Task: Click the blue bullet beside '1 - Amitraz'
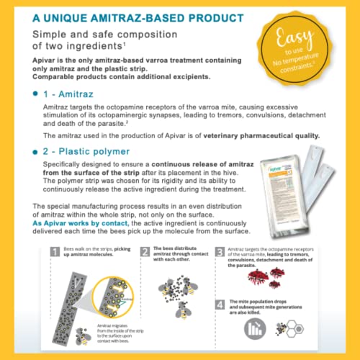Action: (36, 94)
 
